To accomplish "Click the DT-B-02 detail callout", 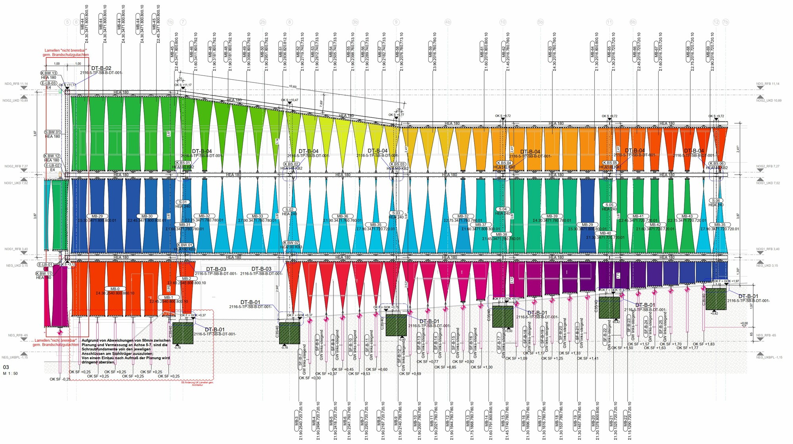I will (101, 68).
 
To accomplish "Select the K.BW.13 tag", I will (49, 73).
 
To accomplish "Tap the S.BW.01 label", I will (53, 132).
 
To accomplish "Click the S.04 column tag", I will (503, 209).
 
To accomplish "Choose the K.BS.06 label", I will (716, 164).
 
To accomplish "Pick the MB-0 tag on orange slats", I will (115, 289).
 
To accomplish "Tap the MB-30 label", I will (147, 216).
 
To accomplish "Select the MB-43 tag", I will (687, 216).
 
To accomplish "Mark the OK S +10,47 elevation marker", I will (289, 100).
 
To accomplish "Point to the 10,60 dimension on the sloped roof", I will (293, 86).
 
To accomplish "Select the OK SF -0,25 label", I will (60, 379).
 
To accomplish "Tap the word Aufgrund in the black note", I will (89, 341).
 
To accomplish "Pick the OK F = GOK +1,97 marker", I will (726, 281).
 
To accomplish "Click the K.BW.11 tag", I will (44, 274).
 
